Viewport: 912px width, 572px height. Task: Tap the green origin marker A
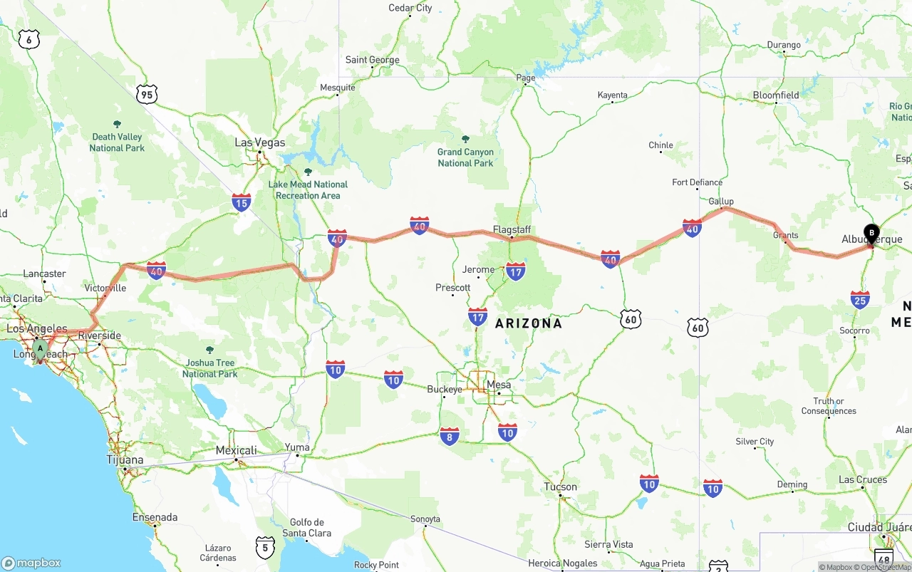(x=41, y=349)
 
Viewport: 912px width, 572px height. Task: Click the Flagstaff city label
(x=512, y=230)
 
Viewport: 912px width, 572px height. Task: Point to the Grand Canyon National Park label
(x=465, y=157)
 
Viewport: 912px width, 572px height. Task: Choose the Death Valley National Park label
(x=117, y=142)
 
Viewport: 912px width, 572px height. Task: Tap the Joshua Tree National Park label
(x=209, y=368)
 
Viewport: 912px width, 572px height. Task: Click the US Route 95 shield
(x=147, y=93)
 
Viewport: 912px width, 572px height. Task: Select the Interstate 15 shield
(x=241, y=202)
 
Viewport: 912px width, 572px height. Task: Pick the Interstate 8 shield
(x=449, y=436)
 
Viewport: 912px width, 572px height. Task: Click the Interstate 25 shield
(x=860, y=299)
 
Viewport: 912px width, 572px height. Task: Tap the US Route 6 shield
(x=29, y=39)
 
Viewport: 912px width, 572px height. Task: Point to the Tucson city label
(x=560, y=487)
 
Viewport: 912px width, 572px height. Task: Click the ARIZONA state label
(x=529, y=323)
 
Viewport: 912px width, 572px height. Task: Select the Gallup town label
(x=721, y=202)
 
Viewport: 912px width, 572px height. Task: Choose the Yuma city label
(x=297, y=448)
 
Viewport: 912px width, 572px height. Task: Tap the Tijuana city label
(x=125, y=460)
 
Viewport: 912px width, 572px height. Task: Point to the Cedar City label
(x=410, y=9)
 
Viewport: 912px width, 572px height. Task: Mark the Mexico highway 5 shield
(x=265, y=547)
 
